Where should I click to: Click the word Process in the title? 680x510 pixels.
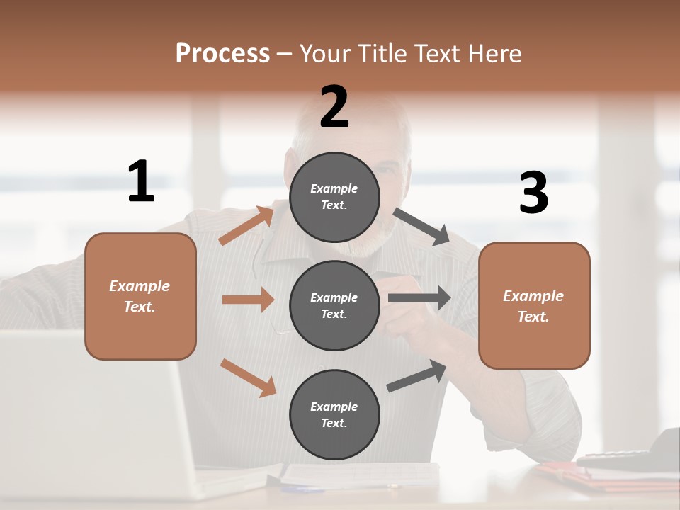pos(222,53)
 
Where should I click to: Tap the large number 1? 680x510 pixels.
pos(141,181)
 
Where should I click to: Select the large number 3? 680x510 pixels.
pos(533,193)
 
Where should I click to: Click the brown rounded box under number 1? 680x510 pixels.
pos(140,296)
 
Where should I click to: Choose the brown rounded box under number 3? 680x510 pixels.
pos(534,306)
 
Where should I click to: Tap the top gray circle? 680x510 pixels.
pos(334,197)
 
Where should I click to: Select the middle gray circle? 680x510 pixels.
pos(334,306)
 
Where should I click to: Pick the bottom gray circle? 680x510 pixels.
pos(334,415)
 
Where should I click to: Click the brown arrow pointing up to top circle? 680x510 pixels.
pos(246,226)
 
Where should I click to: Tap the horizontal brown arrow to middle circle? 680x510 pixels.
pos(247,300)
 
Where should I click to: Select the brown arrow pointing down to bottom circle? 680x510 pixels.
pos(248,378)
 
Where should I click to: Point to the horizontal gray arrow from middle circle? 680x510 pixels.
pos(419,298)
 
